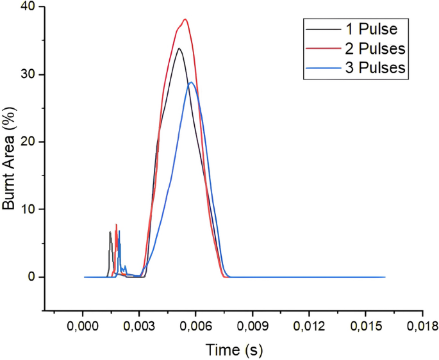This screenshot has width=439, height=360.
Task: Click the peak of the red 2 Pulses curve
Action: (185, 19)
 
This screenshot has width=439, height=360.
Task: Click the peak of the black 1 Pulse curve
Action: (179, 48)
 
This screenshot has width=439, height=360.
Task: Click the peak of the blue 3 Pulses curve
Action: (191, 82)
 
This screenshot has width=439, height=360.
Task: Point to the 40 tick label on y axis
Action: (28, 7)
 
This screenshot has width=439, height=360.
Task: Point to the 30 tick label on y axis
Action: (28, 74)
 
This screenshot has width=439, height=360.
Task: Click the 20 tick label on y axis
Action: (28, 142)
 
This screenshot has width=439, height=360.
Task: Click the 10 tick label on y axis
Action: (28, 209)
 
